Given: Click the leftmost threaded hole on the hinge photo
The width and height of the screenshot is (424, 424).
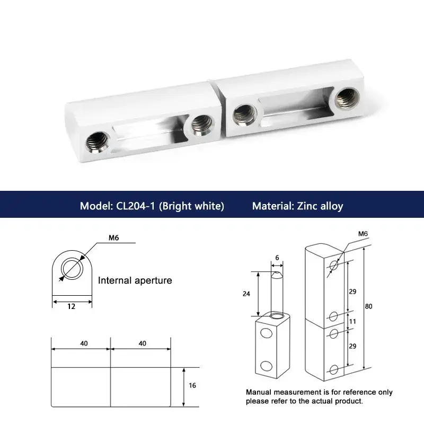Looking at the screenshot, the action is coord(98,142).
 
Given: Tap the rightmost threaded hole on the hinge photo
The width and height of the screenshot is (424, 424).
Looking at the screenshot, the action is coord(348,99).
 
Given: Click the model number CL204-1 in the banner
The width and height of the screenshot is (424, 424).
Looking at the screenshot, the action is coord(136,206).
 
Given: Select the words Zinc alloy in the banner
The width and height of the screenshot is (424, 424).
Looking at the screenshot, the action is coord(320,206).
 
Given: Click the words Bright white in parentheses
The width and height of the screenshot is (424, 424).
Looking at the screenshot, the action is coord(191,206).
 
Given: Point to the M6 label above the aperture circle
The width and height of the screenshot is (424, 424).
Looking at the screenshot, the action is coord(113,237).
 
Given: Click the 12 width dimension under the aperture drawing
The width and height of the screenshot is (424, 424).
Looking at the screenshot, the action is coord(71,306).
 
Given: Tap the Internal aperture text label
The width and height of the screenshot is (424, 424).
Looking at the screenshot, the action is coord(135,280).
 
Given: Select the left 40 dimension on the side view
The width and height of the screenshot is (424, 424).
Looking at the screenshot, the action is coord(84,343).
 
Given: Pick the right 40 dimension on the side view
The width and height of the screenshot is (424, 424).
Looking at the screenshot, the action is coord(142,343).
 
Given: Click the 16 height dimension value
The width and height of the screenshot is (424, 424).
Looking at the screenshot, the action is coord(192,385).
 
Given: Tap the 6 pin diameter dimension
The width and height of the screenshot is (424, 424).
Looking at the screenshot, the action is coord(277,258).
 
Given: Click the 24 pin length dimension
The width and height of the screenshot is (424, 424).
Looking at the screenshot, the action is coord(246,294).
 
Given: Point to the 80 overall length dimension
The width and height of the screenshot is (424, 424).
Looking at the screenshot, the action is coord(368,306).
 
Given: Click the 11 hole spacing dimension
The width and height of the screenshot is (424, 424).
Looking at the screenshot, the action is coord(352,322).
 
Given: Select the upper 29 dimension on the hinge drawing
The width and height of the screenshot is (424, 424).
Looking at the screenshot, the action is coord(352,291).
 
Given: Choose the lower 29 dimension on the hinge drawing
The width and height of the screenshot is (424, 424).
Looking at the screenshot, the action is coord(352,346).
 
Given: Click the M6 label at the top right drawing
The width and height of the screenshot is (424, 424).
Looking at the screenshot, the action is coord(363,234).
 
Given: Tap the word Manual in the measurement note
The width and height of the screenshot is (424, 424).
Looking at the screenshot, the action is coord(259,392).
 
